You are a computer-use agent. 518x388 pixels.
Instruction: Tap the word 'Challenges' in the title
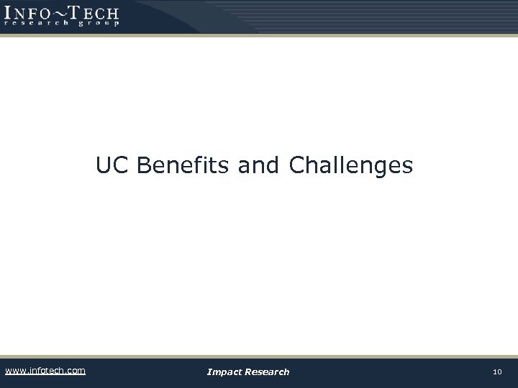pos(351,166)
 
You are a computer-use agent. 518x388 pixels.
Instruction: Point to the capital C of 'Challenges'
pos(296,166)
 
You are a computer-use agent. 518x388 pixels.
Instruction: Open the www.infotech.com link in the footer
pos(45,371)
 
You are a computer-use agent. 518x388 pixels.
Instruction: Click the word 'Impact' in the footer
pos(225,371)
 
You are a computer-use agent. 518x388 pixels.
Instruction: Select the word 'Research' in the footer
pos(268,371)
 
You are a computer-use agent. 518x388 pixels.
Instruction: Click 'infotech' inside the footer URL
pos(46,371)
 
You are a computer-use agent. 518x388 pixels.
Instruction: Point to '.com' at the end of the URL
pos(75,371)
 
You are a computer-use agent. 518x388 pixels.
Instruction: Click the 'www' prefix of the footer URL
pos(14,371)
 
